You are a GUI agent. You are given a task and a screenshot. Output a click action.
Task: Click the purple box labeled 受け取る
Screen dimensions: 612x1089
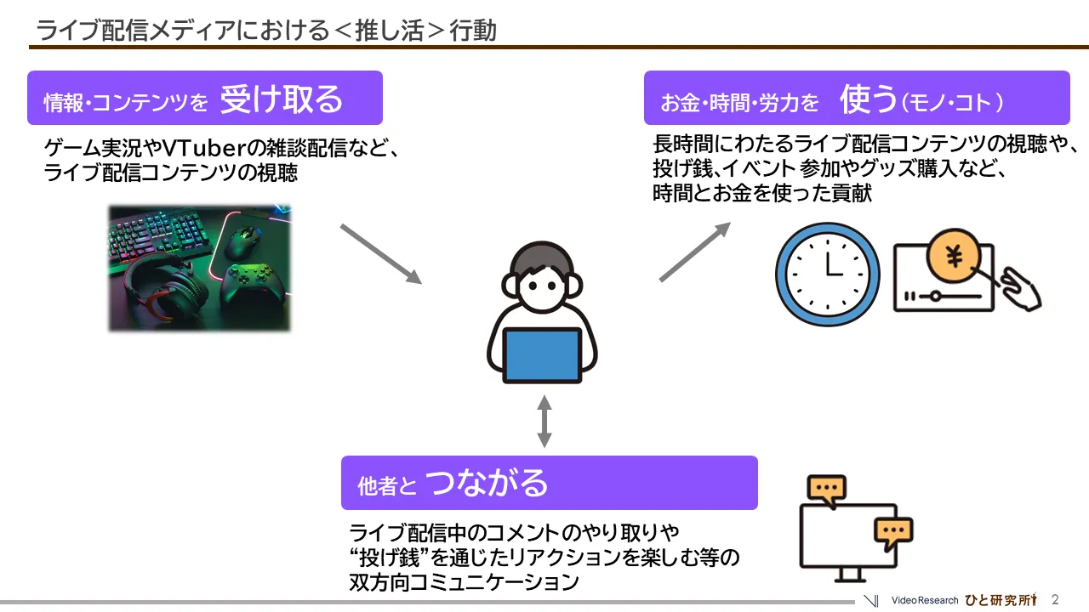click(x=204, y=99)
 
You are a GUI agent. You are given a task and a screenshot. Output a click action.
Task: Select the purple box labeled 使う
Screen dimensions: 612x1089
click(x=856, y=99)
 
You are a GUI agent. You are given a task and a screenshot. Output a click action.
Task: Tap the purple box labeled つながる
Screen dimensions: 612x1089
click(x=549, y=483)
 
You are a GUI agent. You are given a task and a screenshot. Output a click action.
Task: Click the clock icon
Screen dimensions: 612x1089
click(x=827, y=274)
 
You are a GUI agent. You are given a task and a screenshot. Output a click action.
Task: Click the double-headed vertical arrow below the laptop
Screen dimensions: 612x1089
click(x=544, y=420)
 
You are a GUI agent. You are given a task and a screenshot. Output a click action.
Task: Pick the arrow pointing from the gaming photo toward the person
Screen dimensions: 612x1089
click(x=380, y=253)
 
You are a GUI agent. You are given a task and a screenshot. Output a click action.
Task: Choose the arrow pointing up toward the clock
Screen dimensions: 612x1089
click(x=694, y=252)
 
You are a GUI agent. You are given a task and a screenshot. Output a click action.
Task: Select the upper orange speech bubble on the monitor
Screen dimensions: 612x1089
click(x=826, y=488)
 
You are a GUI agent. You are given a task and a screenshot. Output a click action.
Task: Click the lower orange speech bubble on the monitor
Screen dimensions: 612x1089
click(x=893, y=531)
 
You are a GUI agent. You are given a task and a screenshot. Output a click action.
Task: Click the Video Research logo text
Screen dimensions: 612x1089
click(x=924, y=600)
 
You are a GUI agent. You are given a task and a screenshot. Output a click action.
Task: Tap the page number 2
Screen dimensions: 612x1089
click(x=1055, y=599)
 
